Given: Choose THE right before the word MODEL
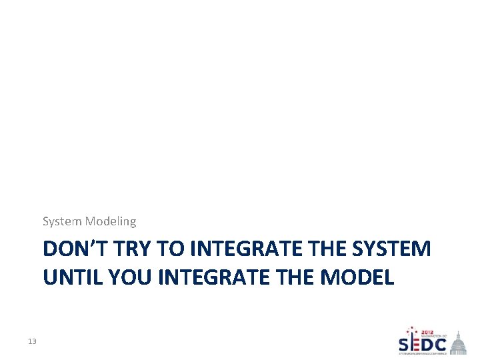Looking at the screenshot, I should (x=299, y=276).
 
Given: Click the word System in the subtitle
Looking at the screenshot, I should (x=61, y=221).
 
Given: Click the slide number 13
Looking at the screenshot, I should (x=32, y=342).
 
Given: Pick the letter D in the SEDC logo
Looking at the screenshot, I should (x=426, y=345).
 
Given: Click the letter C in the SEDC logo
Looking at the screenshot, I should (x=441, y=345).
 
